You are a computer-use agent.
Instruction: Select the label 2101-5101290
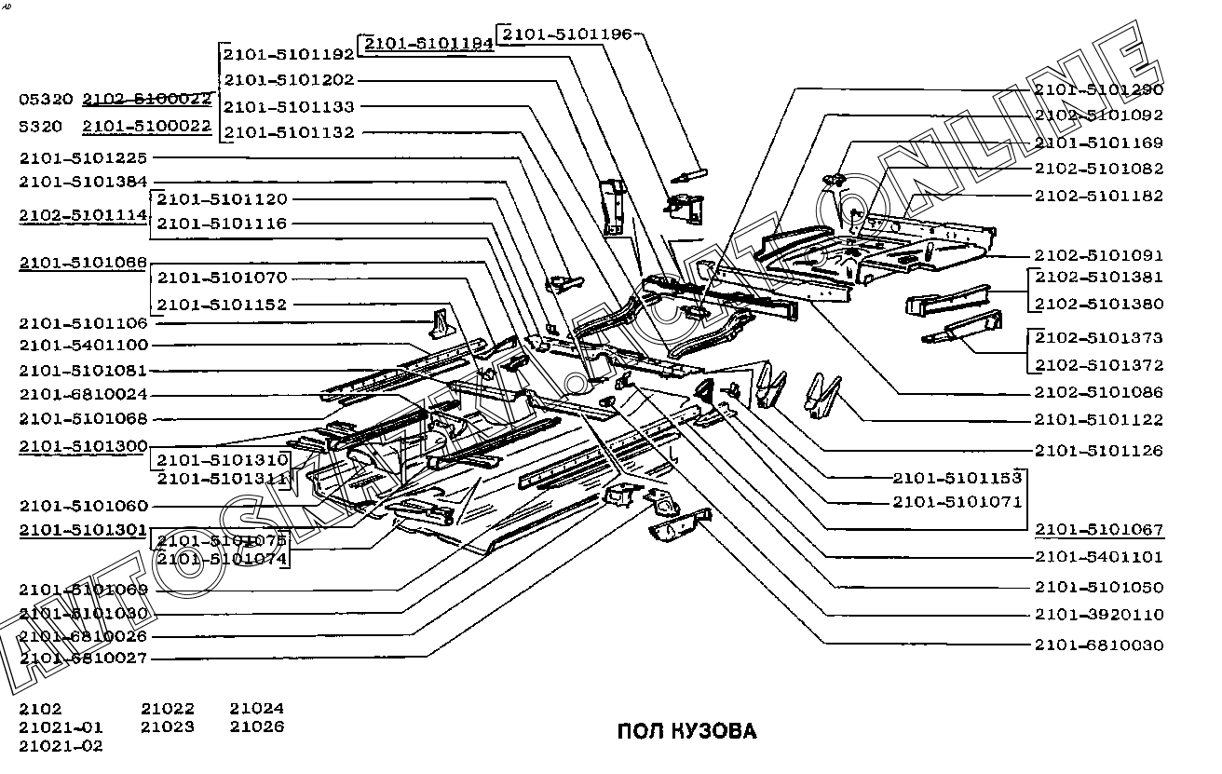pos(1098,89)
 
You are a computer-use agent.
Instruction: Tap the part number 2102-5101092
pos(1098,115)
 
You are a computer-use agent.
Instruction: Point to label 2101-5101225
pos(83,158)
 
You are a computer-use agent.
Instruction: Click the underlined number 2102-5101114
pos(83,215)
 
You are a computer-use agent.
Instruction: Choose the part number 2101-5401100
pos(83,346)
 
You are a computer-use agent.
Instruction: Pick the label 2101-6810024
pos(83,395)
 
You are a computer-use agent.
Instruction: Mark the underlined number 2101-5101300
pos(83,447)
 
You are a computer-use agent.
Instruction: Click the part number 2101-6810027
pos(83,659)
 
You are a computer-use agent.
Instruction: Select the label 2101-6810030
pos(1098,645)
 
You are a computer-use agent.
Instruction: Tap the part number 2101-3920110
pos(1098,615)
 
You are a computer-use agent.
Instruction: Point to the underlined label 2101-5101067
pos(1098,530)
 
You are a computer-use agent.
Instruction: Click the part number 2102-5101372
pos(1098,365)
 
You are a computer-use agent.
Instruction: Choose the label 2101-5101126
pos(1098,451)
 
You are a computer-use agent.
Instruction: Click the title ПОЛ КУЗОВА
pos(687,731)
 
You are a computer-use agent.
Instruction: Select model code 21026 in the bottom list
pos(257,727)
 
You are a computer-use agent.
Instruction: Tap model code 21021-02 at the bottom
pos(61,746)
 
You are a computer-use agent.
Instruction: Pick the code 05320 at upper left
pos(46,99)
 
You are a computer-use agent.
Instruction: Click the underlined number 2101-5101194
pos(428,44)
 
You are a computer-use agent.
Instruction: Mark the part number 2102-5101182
pos(1098,197)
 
